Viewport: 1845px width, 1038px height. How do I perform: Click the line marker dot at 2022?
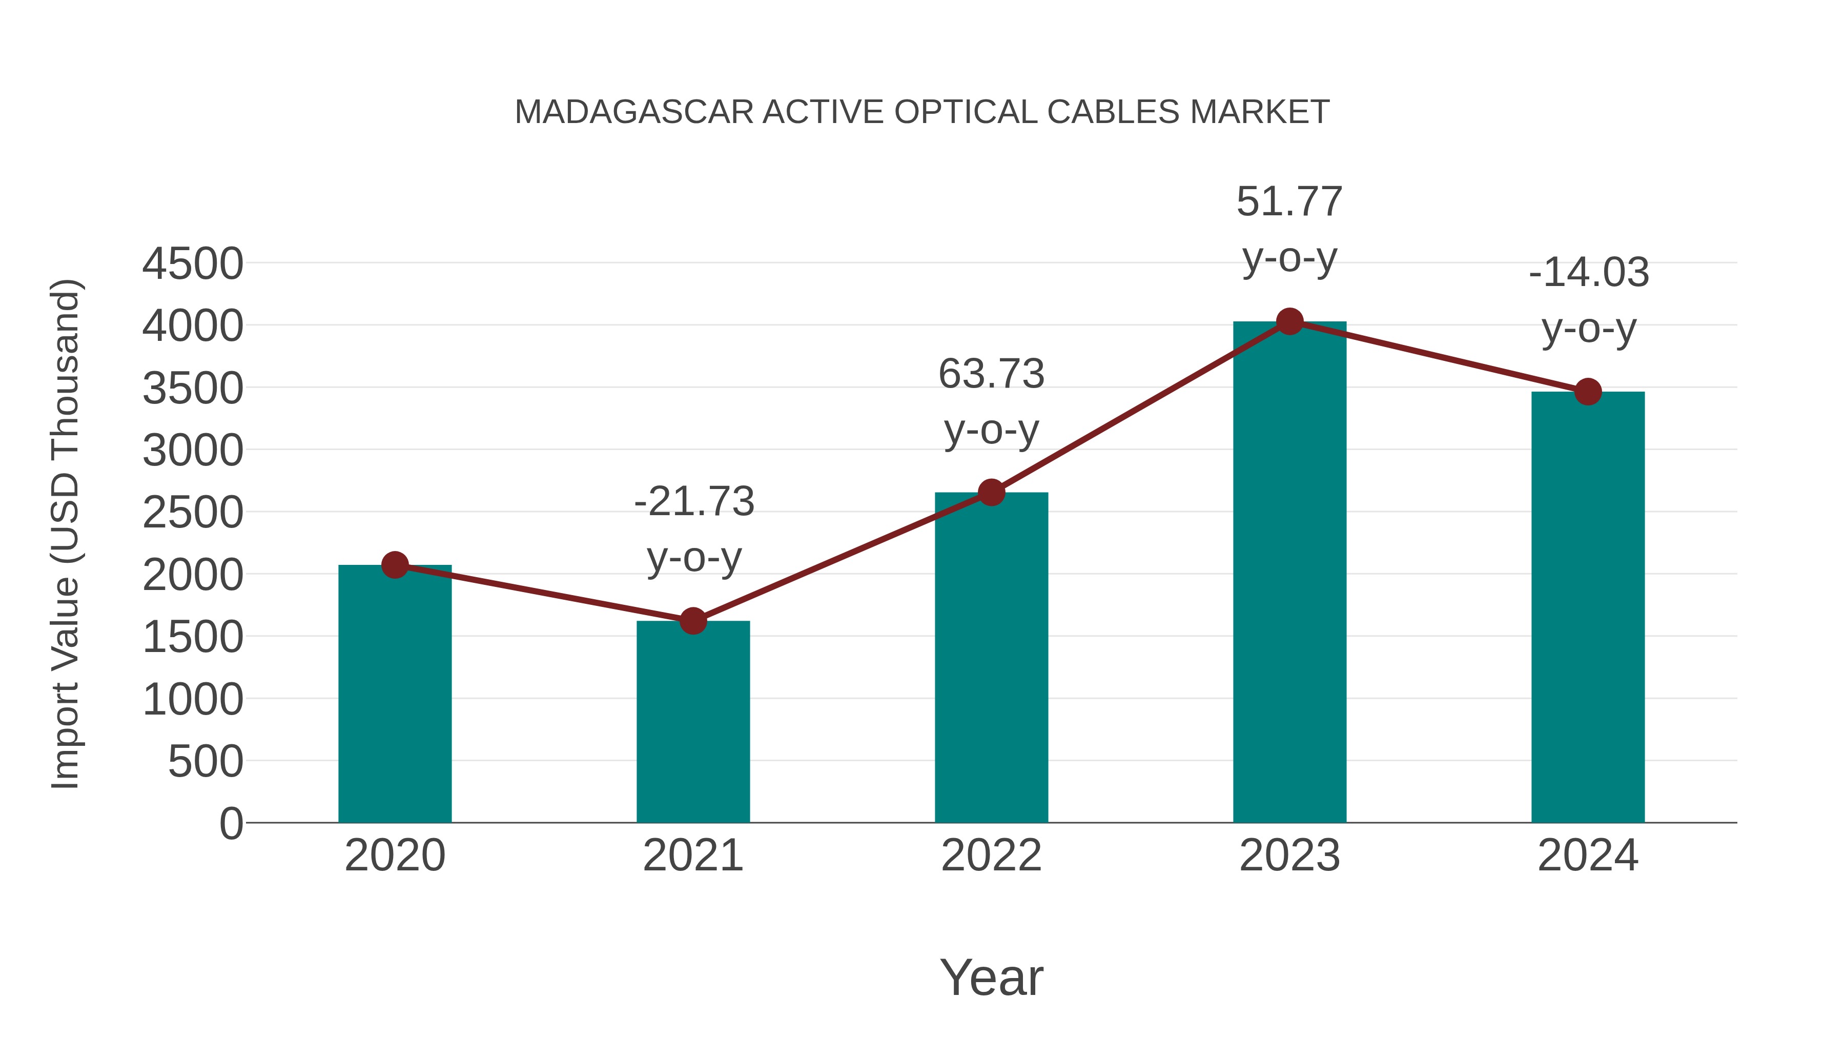coord(991,492)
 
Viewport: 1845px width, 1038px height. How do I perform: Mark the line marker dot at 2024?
coord(1588,392)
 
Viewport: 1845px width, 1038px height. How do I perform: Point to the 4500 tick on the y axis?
coord(193,263)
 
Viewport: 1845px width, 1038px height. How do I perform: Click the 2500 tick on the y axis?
coord(193,513)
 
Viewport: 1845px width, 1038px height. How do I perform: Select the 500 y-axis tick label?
coord(206,762)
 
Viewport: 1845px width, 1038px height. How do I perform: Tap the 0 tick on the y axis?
coord(231,824)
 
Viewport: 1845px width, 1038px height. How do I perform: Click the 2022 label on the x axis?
coord(991,856)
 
